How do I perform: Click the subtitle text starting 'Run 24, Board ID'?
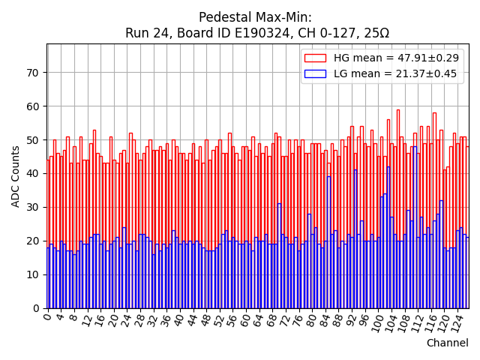[x=257, y=33]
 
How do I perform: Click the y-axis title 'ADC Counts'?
[x=16, y=175]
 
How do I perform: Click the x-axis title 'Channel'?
[x=447, y=343]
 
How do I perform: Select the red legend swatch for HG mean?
[x=314, y=58]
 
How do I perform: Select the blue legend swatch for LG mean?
[x=314, y=73]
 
